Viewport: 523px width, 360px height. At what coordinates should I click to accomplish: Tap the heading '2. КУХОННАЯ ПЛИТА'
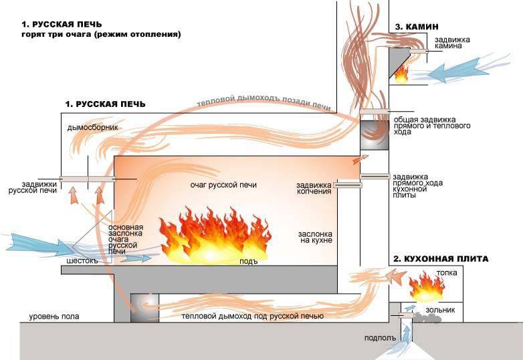click(440, 258)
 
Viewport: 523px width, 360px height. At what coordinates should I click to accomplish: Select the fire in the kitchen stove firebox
click(426, 288)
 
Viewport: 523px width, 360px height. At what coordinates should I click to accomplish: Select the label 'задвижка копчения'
click(314, 188)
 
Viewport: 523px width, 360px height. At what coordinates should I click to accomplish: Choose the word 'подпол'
click(375, 339)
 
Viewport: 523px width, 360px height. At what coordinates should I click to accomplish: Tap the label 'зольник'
click(441, 310)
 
